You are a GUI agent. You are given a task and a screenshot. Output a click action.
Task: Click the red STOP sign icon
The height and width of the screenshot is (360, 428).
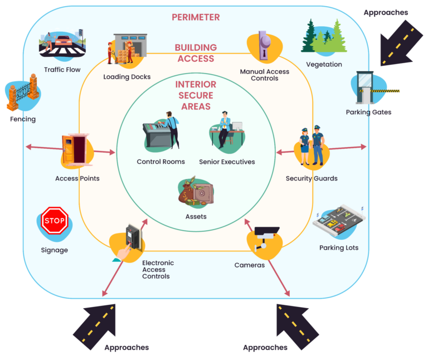click(55, 221)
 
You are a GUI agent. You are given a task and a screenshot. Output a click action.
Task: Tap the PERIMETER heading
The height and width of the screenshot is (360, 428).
click(195, 17)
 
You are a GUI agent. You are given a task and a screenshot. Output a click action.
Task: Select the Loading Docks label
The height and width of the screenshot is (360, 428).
click(127, 77)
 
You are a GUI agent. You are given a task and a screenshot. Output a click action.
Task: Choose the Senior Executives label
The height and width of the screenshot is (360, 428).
click(227, 162)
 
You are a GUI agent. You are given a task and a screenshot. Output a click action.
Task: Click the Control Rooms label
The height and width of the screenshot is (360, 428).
click(160, 162)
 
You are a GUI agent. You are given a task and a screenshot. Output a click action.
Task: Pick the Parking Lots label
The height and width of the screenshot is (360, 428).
click(339, 248)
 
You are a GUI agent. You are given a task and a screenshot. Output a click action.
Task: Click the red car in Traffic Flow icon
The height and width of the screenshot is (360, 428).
click(61, 42)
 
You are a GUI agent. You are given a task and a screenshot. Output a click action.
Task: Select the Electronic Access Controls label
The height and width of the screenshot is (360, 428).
click(158, 270)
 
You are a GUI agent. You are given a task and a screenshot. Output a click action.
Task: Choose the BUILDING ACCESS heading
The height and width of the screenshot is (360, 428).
click(195, 53)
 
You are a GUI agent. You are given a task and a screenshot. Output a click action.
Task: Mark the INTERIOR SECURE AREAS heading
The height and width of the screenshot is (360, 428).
click(196, 95)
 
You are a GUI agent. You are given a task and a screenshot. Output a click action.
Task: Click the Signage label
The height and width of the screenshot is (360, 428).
click(55, 250)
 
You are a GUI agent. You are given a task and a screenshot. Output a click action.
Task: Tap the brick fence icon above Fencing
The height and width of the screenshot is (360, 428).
click(23, 95)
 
